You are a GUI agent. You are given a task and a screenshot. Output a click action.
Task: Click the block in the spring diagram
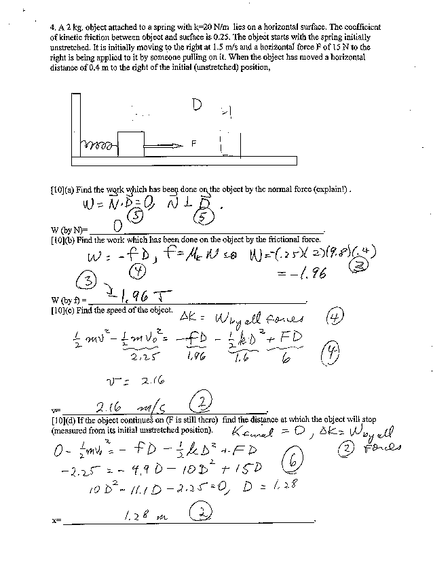click(x=131, y=144)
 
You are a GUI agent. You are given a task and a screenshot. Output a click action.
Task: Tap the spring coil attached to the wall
click(x=99, y=146)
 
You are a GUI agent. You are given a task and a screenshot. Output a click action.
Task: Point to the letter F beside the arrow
click(x=193, y=144)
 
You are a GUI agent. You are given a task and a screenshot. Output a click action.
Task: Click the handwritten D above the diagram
click(x=197, y=105)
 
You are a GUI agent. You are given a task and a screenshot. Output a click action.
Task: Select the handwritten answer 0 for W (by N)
click(x=117, y=225)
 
